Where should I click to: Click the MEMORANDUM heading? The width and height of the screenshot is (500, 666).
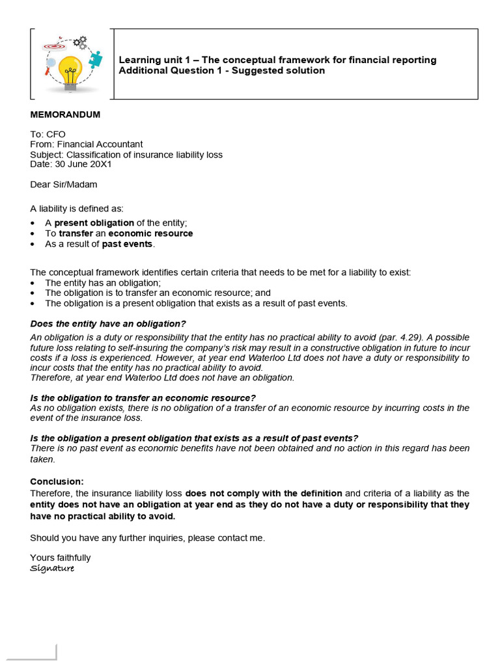pos(65,115)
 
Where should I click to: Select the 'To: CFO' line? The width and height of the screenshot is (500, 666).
pos(48,134)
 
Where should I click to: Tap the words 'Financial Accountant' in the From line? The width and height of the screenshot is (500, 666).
pos(100,144)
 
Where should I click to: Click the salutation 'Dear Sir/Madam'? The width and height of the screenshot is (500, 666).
pos(63,184)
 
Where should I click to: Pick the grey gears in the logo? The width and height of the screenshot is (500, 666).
pos(79,43)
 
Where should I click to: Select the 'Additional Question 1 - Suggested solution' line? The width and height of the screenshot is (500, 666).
pos(221,70)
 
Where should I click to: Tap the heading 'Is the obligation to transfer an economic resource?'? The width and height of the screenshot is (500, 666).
pos(143,398)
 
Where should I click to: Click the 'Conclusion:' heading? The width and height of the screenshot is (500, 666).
pos(57,482)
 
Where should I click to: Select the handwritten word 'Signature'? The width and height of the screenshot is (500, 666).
pos(52,568)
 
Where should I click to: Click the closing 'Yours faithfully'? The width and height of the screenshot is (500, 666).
pos(61,558)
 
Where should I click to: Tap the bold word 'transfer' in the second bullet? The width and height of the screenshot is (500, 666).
pos(76,233)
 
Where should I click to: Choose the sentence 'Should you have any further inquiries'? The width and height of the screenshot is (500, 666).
pos(148,538)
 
